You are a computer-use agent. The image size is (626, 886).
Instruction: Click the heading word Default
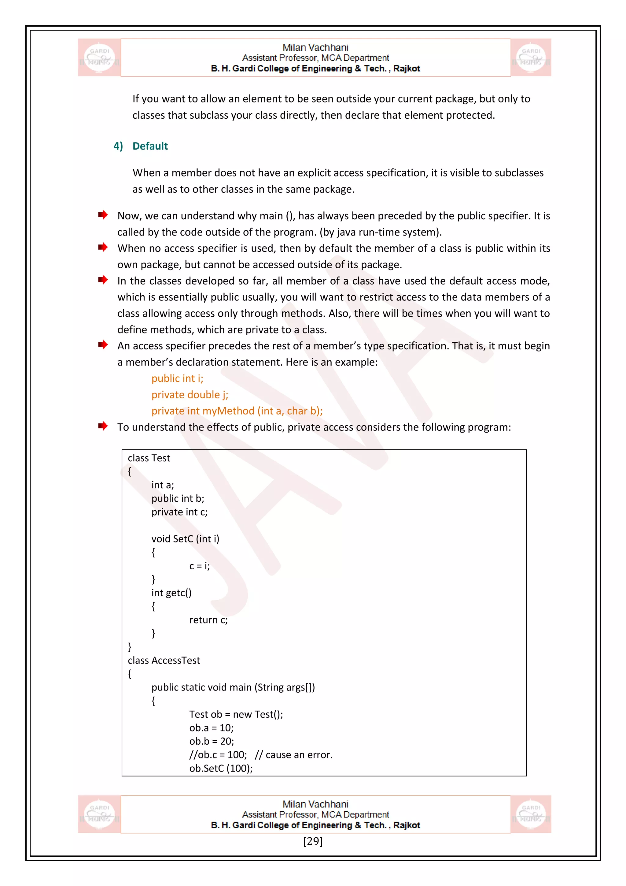(150, 146)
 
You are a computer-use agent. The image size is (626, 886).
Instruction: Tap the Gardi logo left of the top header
(99, 58)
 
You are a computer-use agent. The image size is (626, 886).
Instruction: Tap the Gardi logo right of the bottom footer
(531, 814)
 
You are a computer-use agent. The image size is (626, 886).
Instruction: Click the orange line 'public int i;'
(177, 378)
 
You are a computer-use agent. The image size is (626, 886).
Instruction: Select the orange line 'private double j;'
(190, 395)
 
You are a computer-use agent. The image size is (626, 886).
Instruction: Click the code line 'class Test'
(149, 458)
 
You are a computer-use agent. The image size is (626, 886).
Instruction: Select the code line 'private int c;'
(179, 512)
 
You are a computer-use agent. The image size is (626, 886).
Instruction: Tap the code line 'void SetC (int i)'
(185, 539)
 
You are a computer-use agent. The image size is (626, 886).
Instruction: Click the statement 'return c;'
(208, 620)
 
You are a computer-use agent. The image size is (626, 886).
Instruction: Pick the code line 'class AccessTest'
(164, 661)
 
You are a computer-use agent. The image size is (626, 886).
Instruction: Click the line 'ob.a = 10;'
(211, 728)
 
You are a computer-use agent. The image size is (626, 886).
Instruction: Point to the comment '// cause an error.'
(294, 755)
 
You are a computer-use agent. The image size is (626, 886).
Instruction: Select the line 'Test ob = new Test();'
(236, 715)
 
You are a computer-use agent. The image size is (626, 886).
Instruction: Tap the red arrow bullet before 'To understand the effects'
(102, 426)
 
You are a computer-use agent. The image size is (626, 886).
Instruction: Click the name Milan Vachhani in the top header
(315, 47)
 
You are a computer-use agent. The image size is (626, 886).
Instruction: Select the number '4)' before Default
(118, 146)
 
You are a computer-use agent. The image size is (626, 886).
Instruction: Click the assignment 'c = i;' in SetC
(199, 566)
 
